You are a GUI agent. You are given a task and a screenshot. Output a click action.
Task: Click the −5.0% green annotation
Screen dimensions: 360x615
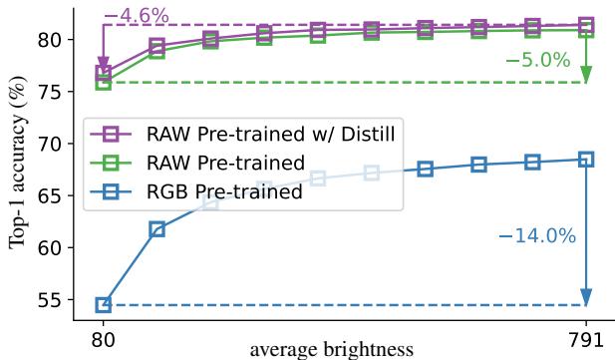537,60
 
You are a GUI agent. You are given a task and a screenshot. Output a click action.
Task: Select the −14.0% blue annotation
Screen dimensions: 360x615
537,236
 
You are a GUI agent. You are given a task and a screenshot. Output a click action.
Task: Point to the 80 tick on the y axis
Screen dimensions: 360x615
55,40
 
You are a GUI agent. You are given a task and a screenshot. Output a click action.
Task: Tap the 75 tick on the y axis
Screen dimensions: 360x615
55,92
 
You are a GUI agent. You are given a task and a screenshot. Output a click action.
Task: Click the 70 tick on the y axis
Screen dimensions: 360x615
55,144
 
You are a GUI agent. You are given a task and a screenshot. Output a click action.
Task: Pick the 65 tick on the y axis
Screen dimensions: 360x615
55,195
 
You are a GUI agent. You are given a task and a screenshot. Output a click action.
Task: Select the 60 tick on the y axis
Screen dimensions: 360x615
55,247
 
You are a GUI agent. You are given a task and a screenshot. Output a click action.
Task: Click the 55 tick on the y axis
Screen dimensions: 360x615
55,299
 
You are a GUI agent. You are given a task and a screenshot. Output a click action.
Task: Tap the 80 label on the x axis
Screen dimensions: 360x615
103,339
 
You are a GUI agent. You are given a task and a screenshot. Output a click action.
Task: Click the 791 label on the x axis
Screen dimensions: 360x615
586,339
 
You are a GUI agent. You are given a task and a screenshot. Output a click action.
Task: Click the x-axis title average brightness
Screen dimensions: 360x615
331,349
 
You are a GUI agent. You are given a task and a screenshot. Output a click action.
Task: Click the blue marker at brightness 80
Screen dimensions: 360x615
103,304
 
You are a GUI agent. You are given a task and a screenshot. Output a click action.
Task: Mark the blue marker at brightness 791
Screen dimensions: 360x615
586,160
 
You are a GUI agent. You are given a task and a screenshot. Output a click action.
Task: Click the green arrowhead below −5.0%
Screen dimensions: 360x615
586,76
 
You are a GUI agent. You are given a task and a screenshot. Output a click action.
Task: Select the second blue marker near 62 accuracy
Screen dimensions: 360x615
156,229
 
